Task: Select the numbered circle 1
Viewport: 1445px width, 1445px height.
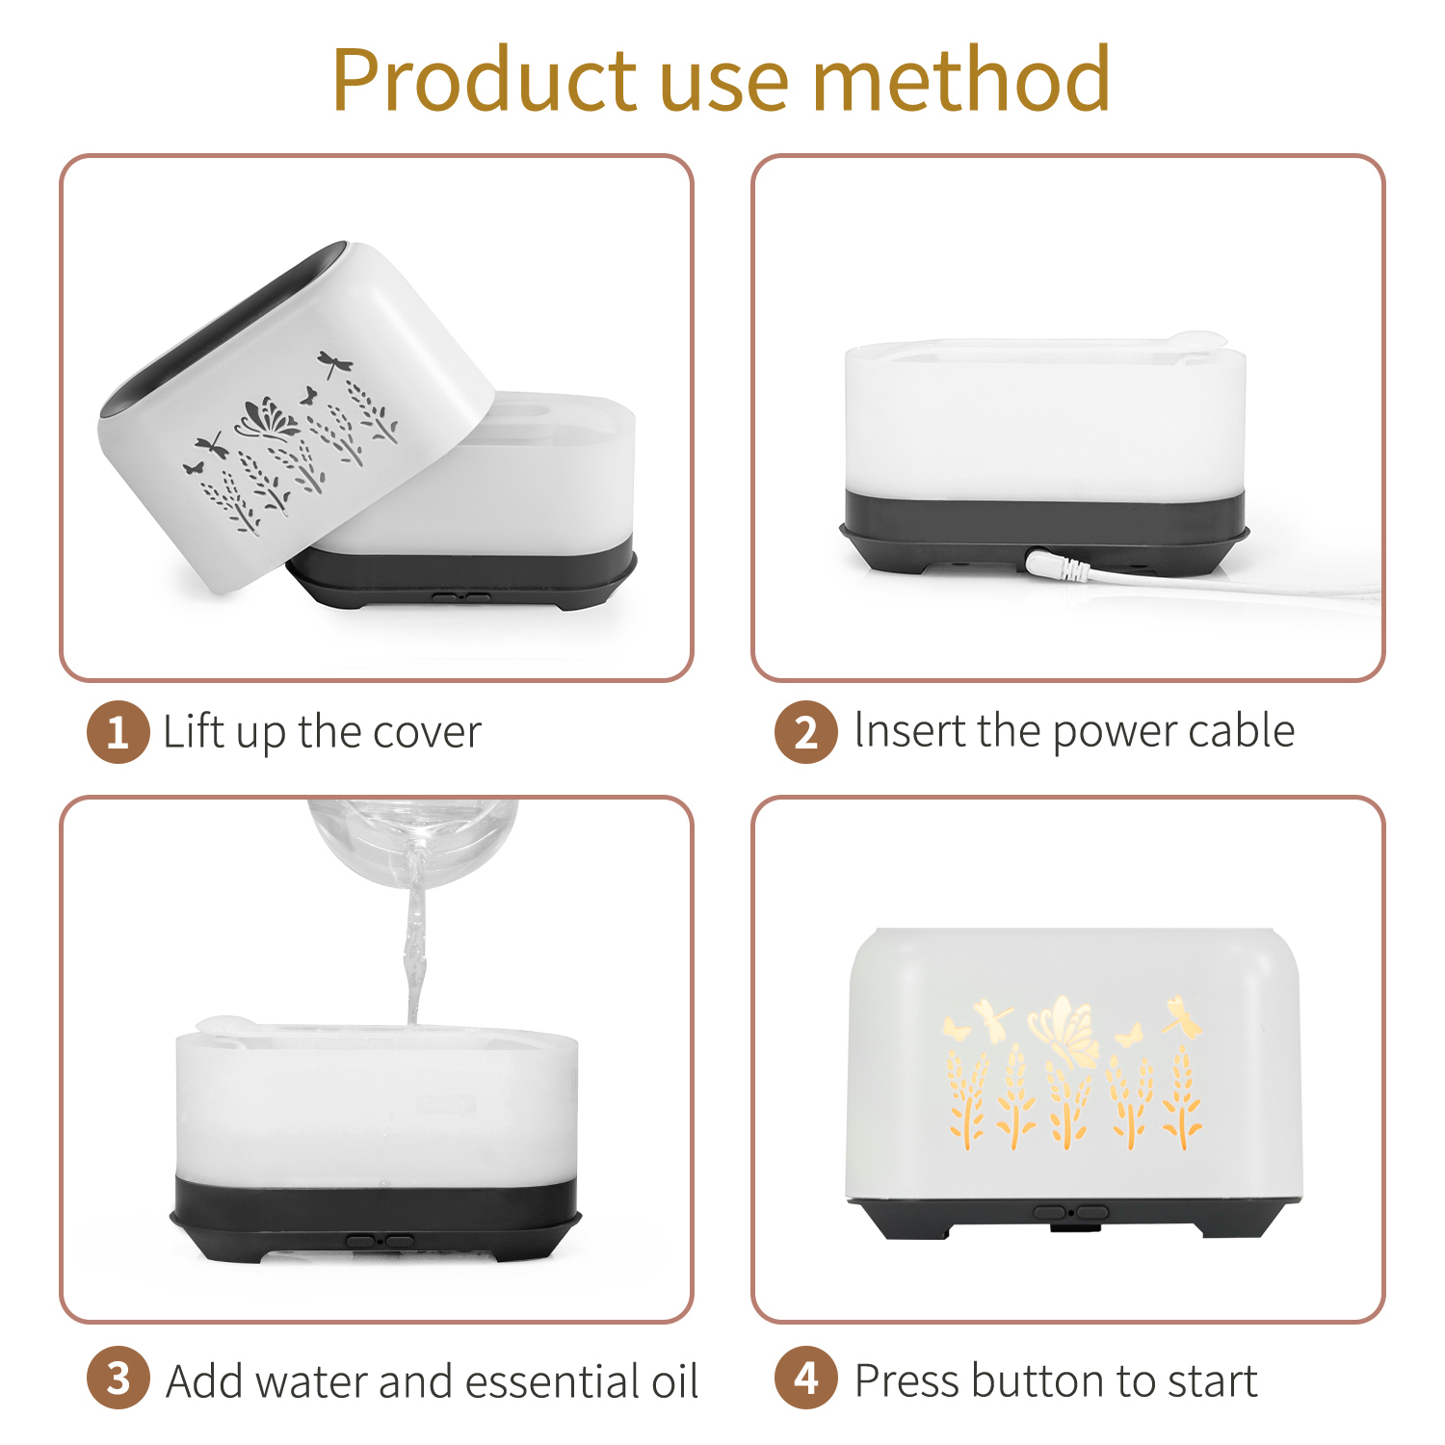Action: [x=118, y=732]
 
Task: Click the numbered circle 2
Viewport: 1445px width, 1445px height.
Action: [x=806, y=732]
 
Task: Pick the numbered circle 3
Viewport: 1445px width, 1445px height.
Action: [x=118, y=1379]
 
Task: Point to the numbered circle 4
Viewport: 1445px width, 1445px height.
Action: [x=806, y=1379]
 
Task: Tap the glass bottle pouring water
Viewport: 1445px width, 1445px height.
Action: [x=412, y=837]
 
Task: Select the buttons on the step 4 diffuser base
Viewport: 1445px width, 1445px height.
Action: [x=1070, y=1213]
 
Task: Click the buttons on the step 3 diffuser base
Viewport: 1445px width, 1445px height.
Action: [x=381, y=1242]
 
